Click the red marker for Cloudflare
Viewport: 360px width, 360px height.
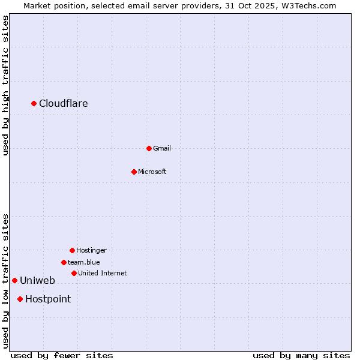(x=34, y=104)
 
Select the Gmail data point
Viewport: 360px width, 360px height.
(x=149, y=148)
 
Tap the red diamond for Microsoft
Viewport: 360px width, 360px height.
(x=134, y=172)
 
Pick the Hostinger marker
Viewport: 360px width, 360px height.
(x=72, y=250)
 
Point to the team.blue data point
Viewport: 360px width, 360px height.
(x=64, y=262)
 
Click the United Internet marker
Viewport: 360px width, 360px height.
(x=74, y=273)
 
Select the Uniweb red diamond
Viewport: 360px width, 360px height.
(x=14, y=280)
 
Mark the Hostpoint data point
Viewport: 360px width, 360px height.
(x=20, y=299)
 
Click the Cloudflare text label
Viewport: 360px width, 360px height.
(x=64, y=104)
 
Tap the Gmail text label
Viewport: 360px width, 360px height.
(x=162, y=148)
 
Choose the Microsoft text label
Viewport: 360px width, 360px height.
(x=152, y=172)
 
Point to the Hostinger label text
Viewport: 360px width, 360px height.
(x=91, y=250)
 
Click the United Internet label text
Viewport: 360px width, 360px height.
(x=103, y=273)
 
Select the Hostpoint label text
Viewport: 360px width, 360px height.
(x=48, y=299)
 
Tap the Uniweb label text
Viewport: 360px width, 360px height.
(x=37, y=280)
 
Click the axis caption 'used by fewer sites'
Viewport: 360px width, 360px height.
(x=62, y=355)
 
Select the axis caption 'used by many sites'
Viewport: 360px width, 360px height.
(x=301, y=355)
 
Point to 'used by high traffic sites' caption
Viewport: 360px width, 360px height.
(x=5, y=85)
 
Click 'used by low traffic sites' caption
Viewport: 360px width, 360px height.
(x=5, y=281)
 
